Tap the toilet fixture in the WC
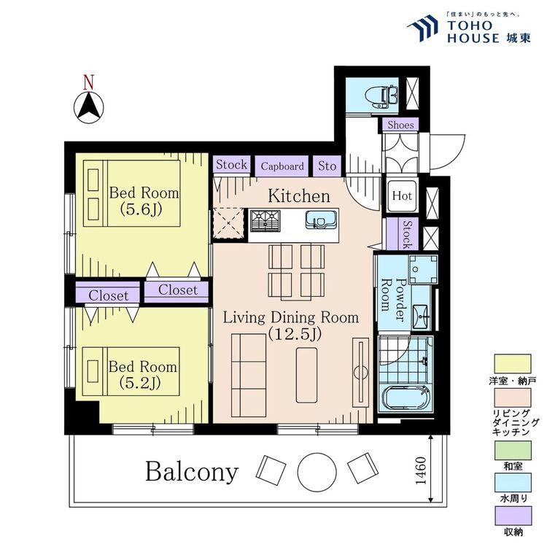pos(385,95)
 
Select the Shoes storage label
pos(400,125)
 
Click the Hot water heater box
pos(402,195)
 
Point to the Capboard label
pos(282,166)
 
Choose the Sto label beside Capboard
pos(327,166)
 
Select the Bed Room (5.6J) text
pos(144,201)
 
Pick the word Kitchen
pos(299,196)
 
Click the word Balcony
pos(192,471)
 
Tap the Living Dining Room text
pos(290,325)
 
